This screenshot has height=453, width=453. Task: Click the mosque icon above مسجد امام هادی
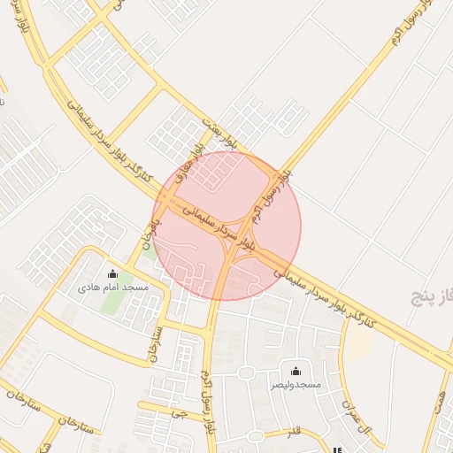[111, 273]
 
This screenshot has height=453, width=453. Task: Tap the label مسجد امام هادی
[112, 288]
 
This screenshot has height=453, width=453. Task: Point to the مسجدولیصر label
[296, 386]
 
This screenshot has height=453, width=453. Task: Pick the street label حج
[179, 411]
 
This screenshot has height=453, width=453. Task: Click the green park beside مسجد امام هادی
[111, 301]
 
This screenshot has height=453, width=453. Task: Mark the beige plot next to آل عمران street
[357, 346]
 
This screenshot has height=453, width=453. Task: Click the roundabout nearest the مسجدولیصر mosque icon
[245, 372]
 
